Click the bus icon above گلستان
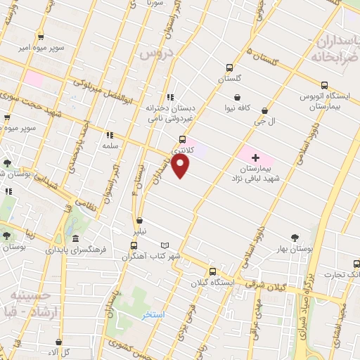point(229,68)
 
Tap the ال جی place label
point(264,121)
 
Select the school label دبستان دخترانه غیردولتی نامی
point(169,115)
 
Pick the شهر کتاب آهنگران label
point(152,256)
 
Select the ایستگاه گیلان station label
point(214,283)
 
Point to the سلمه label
point(110,145)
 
